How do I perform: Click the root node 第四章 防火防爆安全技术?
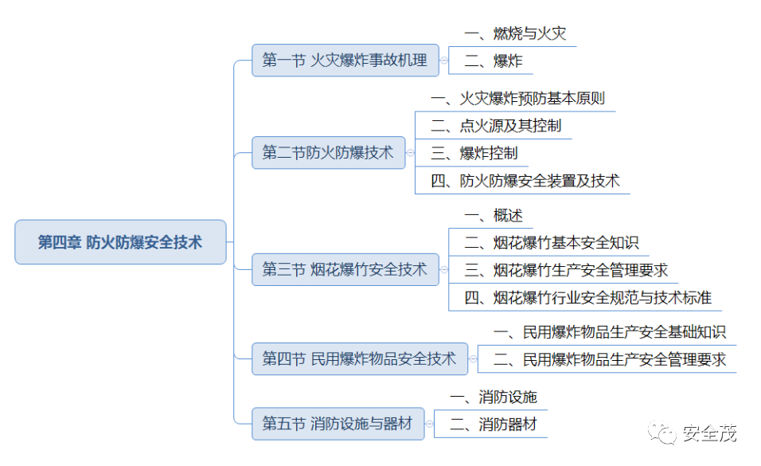click(x=120, y=242)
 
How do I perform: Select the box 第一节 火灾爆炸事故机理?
click(x=345, y=61)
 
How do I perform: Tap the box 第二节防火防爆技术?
click(x=328, y=153)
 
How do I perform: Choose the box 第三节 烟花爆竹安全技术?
click(x=345, y=270)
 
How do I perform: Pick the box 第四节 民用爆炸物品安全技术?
click(x=359, y=359)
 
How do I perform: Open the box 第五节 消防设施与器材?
click(x=338, y=424)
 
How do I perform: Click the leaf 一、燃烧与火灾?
click(x=515, y=33)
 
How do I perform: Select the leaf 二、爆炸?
click(x=494, y=61)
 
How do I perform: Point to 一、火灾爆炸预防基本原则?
click(x=517, y=99)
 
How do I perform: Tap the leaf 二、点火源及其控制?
click(x=496, y=126)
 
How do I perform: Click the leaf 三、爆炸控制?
click(x=474, y=153)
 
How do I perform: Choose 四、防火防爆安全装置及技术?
click(x=525, y=181)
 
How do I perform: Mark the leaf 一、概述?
click(x=494, y=215)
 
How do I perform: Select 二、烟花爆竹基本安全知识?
click(x=552, y=243)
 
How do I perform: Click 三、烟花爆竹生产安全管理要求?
click(x=566, y=270)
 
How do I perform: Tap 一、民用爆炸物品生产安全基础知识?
click(x=609, y=332)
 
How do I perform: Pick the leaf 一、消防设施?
click(x=493, y=397)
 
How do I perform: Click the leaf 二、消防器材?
click(x=493, y=425)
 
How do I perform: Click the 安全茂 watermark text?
click(x=709, y=433)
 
